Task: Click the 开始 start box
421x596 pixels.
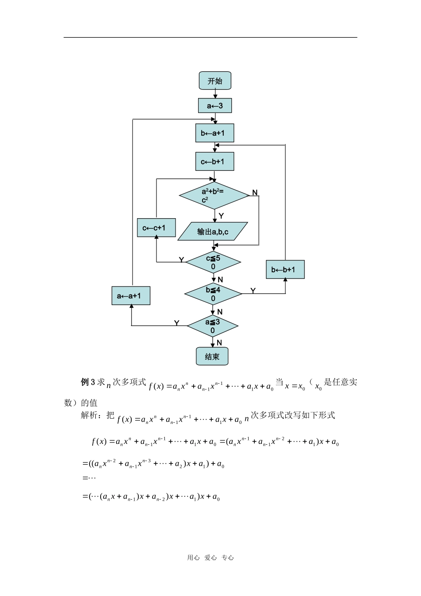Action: [x=215, y=81]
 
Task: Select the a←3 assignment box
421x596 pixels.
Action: [x=215, y=106]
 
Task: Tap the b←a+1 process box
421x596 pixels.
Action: [x=215, y=133]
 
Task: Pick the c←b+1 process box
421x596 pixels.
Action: [x=215, y=161]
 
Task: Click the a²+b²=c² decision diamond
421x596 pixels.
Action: [x=214, y=196]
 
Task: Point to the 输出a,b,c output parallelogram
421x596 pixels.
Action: [x=213, y=231]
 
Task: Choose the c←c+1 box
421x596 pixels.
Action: [x=156, y=228]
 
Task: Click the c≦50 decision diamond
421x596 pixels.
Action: [x=213, y=262]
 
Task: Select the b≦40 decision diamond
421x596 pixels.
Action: [x=213, y=294]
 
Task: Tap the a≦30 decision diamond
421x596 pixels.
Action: [x=213, y=326]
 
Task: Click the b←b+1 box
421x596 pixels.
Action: [x=285, y=269]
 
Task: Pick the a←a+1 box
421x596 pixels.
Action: [x=131, y=296]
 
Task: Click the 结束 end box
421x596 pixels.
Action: [x=212, y=357]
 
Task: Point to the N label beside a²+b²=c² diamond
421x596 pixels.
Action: [x=255, y=192]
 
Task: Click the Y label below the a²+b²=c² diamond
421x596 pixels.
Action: [x=221, y=216]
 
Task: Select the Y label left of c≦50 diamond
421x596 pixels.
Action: [x=181, y=259]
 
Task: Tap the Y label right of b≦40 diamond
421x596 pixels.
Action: [x=253, y=290]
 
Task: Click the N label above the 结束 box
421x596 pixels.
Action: [x=219, y=343]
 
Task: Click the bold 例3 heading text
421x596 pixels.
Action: [x=88, y=382]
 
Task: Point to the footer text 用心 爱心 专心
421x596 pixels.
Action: [x=210, y=558]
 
